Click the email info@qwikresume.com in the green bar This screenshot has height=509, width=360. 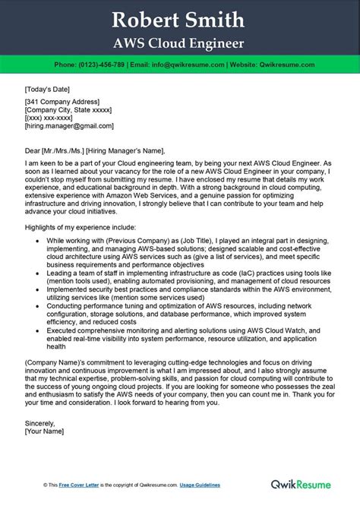click(198, 65)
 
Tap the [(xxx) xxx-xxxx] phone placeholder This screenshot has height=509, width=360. click(52, 119)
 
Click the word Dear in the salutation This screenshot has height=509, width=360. click(33, 150)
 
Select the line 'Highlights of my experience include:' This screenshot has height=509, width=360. click(80, 227)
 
